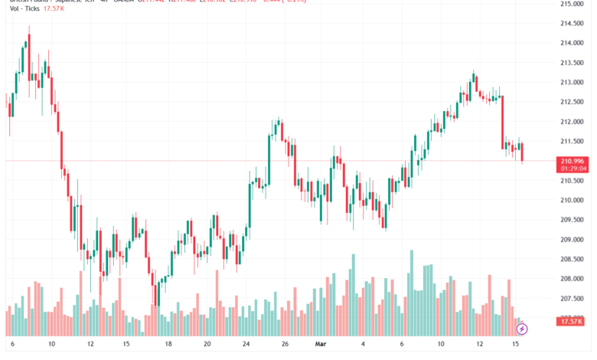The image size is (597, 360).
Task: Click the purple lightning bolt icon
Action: pos(522,329)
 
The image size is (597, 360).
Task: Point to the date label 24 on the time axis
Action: pos(246,345)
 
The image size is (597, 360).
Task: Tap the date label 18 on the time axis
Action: pos(168,345)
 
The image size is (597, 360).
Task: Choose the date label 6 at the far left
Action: pos(11,345)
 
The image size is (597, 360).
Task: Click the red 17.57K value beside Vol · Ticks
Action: pos(55,9)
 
